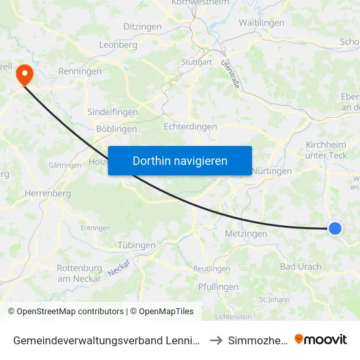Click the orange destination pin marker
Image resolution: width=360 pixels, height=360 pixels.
coord(24,73)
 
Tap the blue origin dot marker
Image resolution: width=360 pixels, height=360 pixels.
coord(334,228)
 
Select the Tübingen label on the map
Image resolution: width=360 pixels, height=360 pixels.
coord(137,245)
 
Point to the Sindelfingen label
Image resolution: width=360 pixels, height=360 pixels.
coord(113,112)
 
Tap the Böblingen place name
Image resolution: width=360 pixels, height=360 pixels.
coord(117,129)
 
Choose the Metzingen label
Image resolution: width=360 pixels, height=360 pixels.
coord(245,234)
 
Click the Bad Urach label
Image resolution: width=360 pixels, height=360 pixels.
coord(300,266)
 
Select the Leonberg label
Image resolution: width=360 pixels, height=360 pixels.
coord(118,45)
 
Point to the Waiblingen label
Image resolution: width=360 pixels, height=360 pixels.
coord(262,23)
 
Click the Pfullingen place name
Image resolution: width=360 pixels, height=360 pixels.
coord(218,287)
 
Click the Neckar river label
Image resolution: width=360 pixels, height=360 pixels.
coord(119,266)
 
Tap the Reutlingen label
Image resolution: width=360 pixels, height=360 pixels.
coord(212,269)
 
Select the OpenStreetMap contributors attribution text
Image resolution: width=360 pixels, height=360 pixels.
coord(65,312)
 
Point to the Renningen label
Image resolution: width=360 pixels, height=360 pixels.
coord(80,71)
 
